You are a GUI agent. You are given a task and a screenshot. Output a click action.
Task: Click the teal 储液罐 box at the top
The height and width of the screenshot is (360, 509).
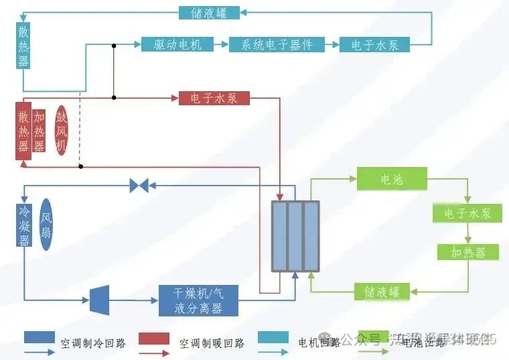click(210, 12)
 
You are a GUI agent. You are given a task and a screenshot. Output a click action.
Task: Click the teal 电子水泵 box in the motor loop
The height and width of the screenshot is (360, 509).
click(374, 44)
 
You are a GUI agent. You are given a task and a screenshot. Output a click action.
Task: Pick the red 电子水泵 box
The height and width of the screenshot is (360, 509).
click(214, 98)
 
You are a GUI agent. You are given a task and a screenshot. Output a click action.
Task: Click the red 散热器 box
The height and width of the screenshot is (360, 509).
click(23, 131)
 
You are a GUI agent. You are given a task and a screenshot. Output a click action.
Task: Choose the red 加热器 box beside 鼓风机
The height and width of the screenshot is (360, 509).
click(40, 131)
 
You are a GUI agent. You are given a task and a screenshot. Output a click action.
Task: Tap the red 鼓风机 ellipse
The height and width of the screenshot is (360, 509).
click(61, 130)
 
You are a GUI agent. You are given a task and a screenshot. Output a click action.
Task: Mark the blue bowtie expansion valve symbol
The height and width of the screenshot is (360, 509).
click(139, 186)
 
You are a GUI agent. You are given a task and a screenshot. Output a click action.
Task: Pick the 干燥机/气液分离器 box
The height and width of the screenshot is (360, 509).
click(198, 300)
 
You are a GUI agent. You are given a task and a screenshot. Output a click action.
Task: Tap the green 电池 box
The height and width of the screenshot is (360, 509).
click(392, 179)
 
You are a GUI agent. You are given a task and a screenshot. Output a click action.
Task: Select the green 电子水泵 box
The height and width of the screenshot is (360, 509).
click(467, 213)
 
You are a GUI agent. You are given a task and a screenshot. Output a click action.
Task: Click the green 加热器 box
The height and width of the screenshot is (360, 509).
click(467, 251)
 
